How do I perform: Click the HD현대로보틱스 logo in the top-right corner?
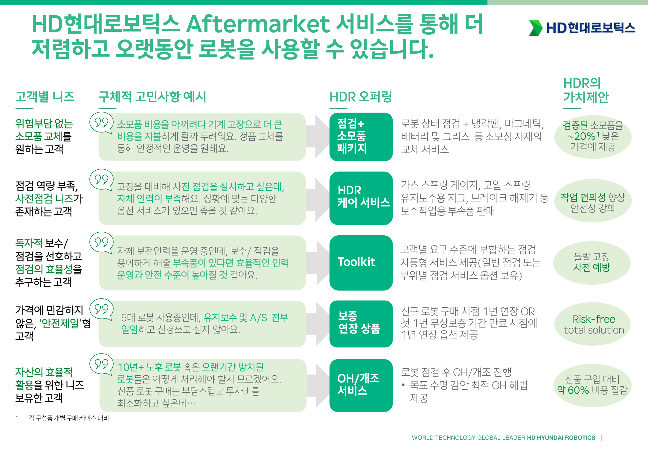[582, 28]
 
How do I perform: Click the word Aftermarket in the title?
[258, 24]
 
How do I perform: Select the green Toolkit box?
[361, 263]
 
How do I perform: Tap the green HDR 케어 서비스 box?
[361, 198]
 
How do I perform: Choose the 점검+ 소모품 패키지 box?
[361, 137]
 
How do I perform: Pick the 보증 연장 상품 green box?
[361, 324]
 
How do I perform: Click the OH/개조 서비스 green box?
[361, 385]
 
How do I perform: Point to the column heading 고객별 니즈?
[45, 96]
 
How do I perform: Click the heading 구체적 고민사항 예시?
[153, 97]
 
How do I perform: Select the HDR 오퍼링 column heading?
[361, 97]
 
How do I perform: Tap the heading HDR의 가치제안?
[586, 90]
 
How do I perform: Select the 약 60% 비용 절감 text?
[592, 390]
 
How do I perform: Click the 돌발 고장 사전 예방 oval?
[592, 263]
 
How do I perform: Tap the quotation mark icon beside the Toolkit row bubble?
[101, 242]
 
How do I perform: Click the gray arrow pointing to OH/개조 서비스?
[318, 386]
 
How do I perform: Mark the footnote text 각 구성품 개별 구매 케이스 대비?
[69, 418]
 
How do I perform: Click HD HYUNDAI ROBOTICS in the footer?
[561, 438]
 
